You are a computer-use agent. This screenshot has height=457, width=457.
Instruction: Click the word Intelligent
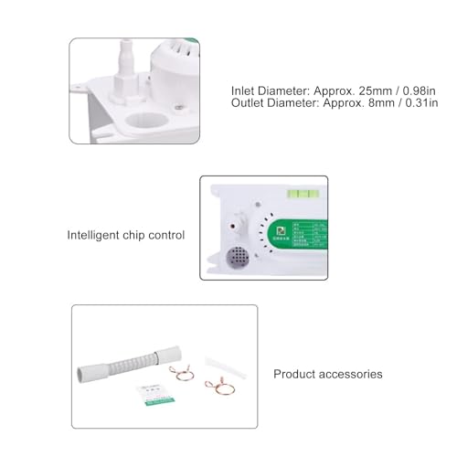pyautogui.click(x=97, y=235)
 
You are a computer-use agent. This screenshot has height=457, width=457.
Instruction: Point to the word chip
pyautogui.click(x=140, y=235)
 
